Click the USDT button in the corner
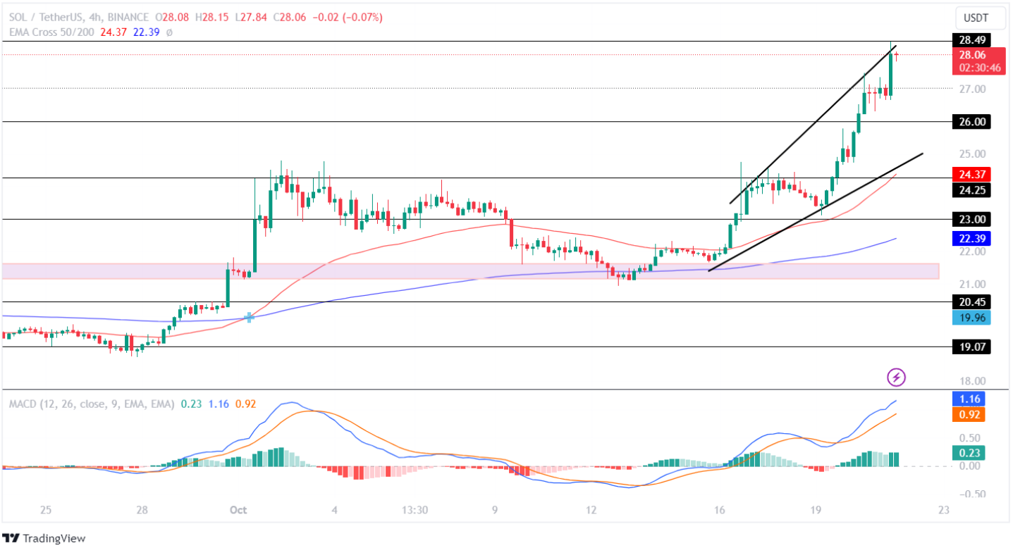976,18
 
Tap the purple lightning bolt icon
896,377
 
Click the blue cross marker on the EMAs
249,318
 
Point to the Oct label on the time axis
237,510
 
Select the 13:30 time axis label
415,510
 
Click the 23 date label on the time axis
944,510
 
